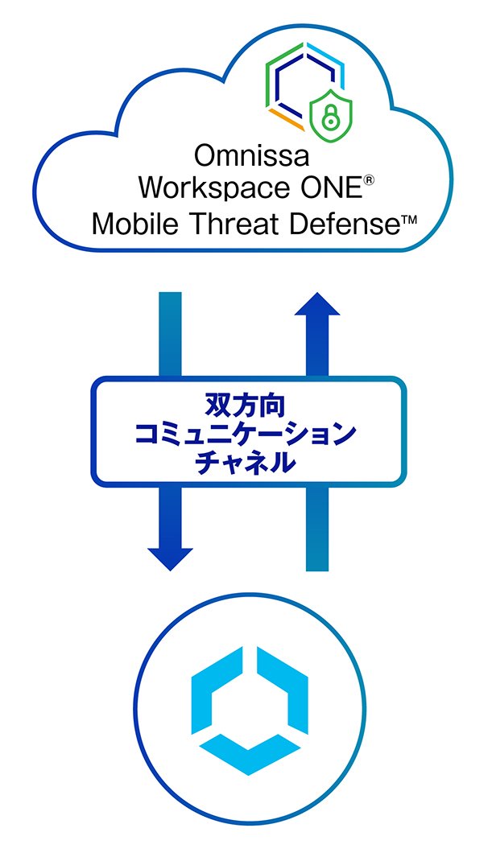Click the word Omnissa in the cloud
point(252,156)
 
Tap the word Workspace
point(213,188)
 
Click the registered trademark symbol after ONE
point(369,181)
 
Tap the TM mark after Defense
point(409,220)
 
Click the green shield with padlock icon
point(331,113)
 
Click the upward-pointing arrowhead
point(317,304)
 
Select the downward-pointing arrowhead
point(170,559)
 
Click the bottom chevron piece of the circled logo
point(250,754)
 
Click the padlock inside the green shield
point(331,115)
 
